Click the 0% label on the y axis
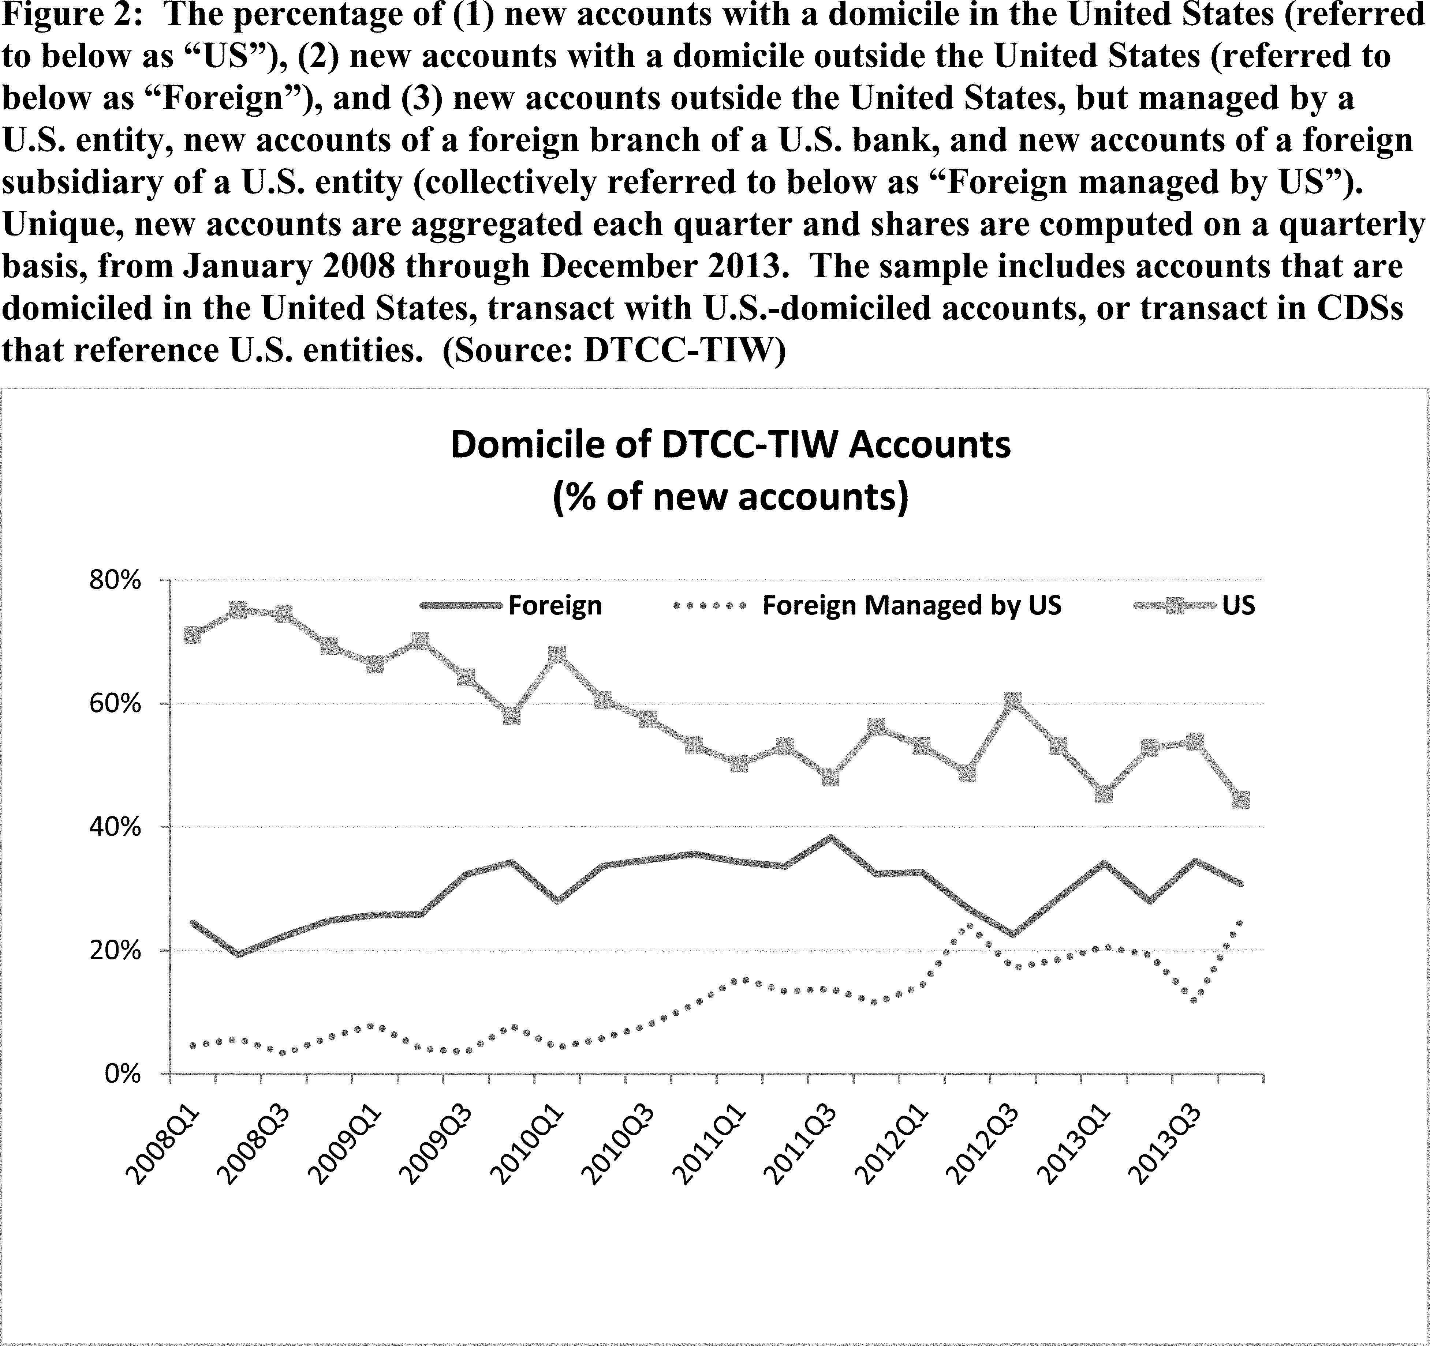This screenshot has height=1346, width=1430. click(121, 1074)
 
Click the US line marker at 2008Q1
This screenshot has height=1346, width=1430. click(192, 635)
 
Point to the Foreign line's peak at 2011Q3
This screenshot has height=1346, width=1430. click(831, 837)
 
